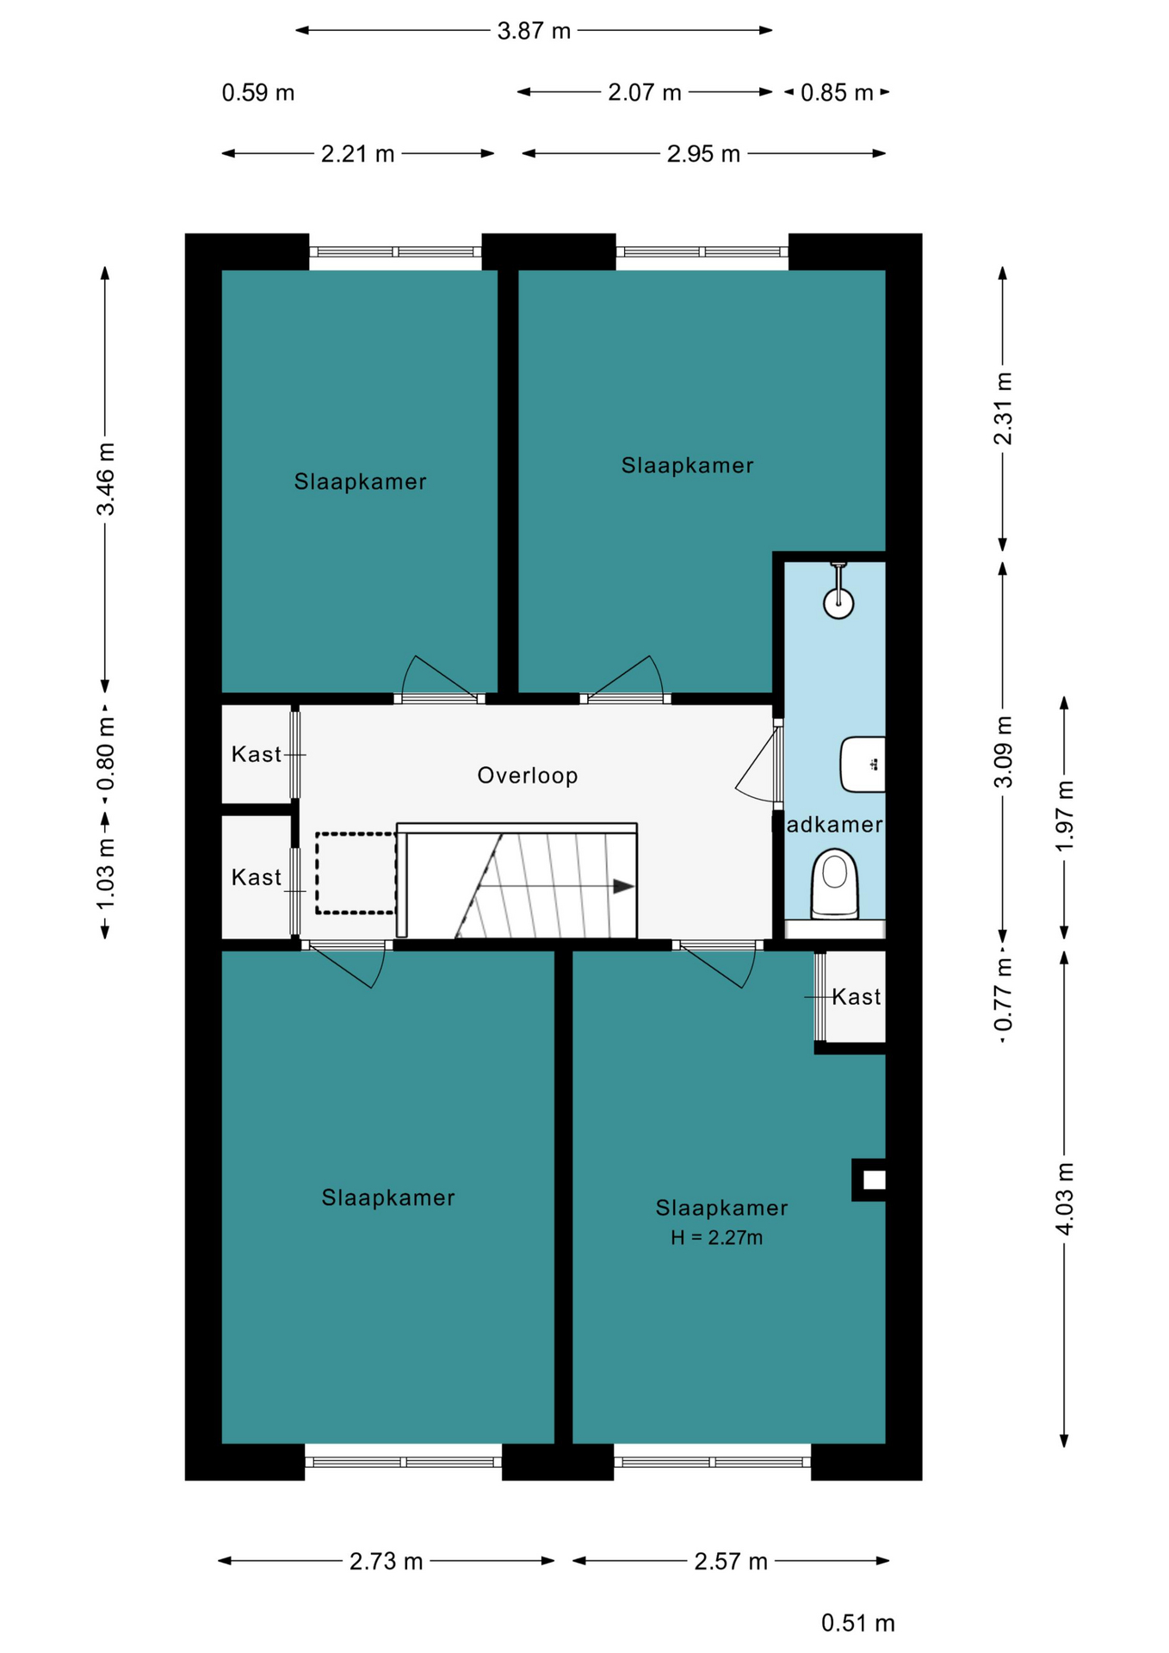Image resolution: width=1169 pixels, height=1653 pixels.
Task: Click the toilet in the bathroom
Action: click(835, 883)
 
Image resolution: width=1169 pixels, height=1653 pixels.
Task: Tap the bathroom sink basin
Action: click(863, 764)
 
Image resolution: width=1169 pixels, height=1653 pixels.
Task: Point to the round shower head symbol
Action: click(838, 603)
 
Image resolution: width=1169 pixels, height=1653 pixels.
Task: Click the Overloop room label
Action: click(528, 776)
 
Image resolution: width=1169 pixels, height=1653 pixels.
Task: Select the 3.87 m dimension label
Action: click(534, 31)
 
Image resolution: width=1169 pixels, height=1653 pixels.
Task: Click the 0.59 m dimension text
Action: click(258, 93)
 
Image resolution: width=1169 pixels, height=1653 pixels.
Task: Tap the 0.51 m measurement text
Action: click(857, 1623)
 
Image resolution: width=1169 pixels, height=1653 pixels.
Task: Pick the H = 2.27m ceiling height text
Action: click(717, 1238)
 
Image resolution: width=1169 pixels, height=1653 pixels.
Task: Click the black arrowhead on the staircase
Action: click(624, 886)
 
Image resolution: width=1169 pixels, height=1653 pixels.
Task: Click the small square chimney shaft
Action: click(869, 1179)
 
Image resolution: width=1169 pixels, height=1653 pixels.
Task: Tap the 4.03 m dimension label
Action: click(1065, 1198)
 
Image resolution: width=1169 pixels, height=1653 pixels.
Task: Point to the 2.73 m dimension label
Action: click(387, 1561)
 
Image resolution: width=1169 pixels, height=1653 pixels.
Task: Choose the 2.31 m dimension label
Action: click(1003, 408)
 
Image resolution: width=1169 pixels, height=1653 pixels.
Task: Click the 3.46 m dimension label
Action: click(105, 479)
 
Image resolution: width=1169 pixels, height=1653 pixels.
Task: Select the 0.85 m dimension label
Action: click(837, 93)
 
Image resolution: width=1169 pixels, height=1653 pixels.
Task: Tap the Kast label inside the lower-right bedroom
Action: click(856, 997)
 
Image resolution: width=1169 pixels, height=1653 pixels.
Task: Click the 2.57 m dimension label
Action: click(731, 1561)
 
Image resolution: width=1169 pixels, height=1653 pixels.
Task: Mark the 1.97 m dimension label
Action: click(1065, 815)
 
